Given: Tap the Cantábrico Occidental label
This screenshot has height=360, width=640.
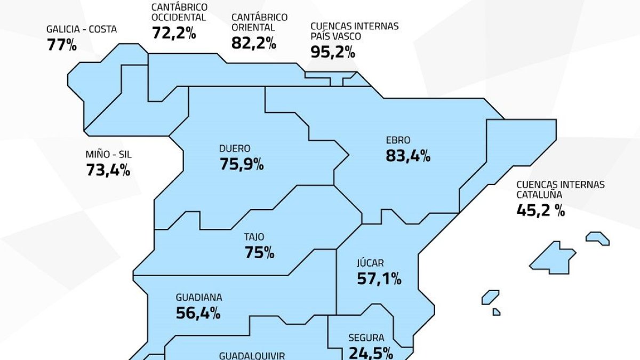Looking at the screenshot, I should coord(179,12).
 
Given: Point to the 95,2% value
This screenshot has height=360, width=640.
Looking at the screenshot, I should coord(332,52).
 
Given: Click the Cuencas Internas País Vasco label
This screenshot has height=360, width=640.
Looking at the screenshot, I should coord(354,31).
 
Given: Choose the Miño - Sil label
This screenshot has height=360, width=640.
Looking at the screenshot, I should coord(108,155).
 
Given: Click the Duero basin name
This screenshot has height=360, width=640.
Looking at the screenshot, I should coord(234,149).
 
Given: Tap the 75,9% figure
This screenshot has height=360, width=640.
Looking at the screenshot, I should coord(242,164).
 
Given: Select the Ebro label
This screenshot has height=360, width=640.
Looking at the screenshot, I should coord(398,141).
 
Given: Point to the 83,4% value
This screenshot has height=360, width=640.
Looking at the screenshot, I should coord(408,156).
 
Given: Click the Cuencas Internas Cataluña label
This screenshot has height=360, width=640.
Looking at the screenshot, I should coord(561,189).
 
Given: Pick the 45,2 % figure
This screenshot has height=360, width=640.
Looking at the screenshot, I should coord(540,210).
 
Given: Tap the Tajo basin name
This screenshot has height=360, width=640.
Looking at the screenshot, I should coord(254,237).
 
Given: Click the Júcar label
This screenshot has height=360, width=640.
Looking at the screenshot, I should coord(370,263).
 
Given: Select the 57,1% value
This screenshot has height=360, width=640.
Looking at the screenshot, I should coord(379,278).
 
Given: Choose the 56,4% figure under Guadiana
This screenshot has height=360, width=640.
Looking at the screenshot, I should coord(198,313).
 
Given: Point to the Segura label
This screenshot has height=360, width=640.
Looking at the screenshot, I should coord(366,338).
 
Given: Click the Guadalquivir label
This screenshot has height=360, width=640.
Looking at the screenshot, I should coord(252,355).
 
